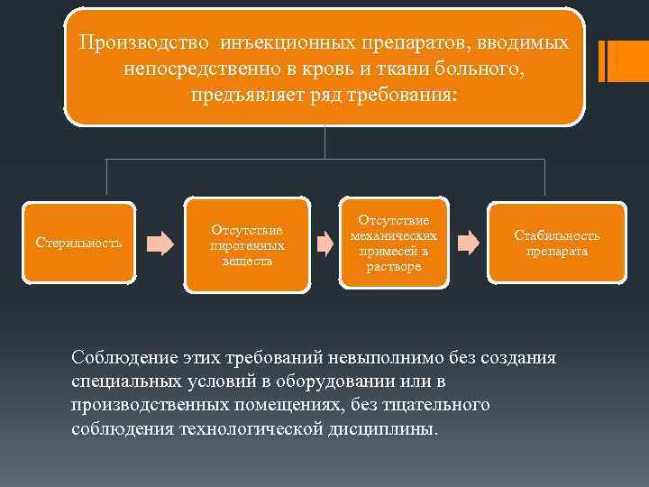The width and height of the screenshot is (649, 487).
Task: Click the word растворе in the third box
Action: click(x=393, y=266)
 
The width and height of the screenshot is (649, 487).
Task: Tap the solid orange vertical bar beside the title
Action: click(x=615, y=62)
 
